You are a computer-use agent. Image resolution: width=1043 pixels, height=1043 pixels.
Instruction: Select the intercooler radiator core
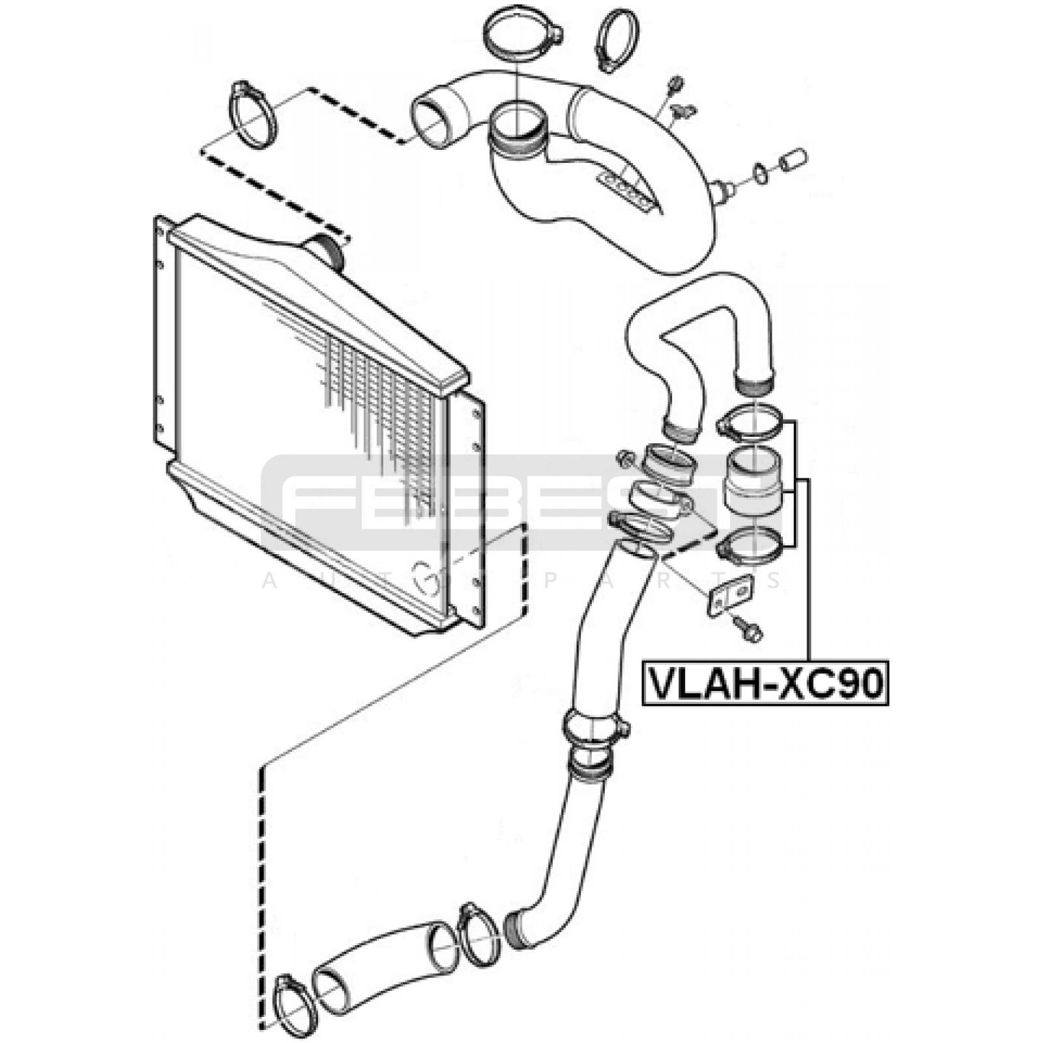[319, 424]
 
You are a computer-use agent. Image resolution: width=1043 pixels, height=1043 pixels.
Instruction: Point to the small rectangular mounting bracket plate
[731, 595]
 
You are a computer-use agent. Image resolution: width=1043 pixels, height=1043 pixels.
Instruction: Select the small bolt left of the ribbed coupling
[626, 459]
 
